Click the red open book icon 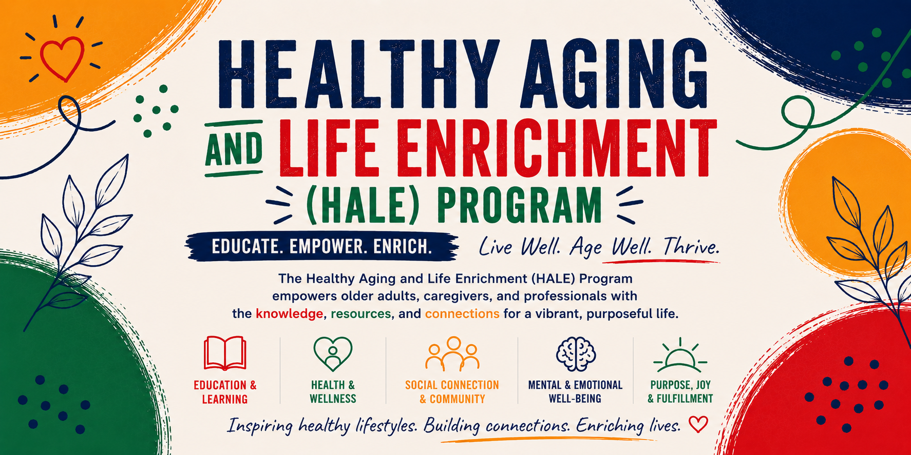click(x=225, y=353)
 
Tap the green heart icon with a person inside click(x=333, y=354)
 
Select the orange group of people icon click(x=452, y=353)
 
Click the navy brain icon click(x=576, y=354)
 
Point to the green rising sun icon click(x=680, y=355)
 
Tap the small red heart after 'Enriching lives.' click(x=698, y=424)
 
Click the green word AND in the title click(x=234, y=149)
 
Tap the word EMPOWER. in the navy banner click(x=327, y=247)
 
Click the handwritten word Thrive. click(x=691, y=247)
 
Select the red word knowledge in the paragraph click(x=290, y=313)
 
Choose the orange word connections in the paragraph click(x=462, y=313)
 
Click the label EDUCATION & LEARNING click(x=225, y=392)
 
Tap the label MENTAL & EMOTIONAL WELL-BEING click(x=575, y=392)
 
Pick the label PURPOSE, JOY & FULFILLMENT click(x=680, y=392)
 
